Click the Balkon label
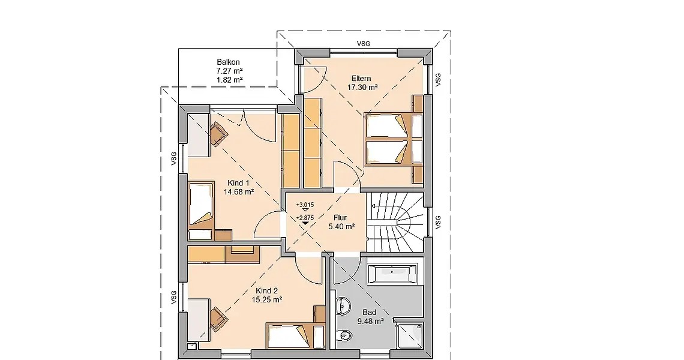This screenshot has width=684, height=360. [x=228, y=62]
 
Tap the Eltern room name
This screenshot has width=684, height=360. [x=361, y=79]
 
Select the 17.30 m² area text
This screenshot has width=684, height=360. [x=362, y=87]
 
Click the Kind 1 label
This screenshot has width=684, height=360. [x=239, y=183]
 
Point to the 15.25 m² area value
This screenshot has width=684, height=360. [x=266, y=299]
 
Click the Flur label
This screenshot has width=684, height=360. [x=340, y=218]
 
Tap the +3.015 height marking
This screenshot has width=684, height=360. [x=305, y=205]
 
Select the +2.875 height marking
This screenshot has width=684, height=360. [x=305, y=218]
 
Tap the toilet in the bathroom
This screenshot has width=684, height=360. [x=344, y=335]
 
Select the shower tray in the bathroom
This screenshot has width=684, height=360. [x=410, y=335]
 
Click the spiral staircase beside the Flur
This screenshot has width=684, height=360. [x=395, y=223]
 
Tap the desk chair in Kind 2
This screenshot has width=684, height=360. [x=218, y=319]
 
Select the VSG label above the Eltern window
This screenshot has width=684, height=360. [x=364, y=44]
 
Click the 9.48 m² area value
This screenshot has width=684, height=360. [x=370, y=321]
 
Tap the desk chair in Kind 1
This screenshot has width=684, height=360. [x=218, y=134]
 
